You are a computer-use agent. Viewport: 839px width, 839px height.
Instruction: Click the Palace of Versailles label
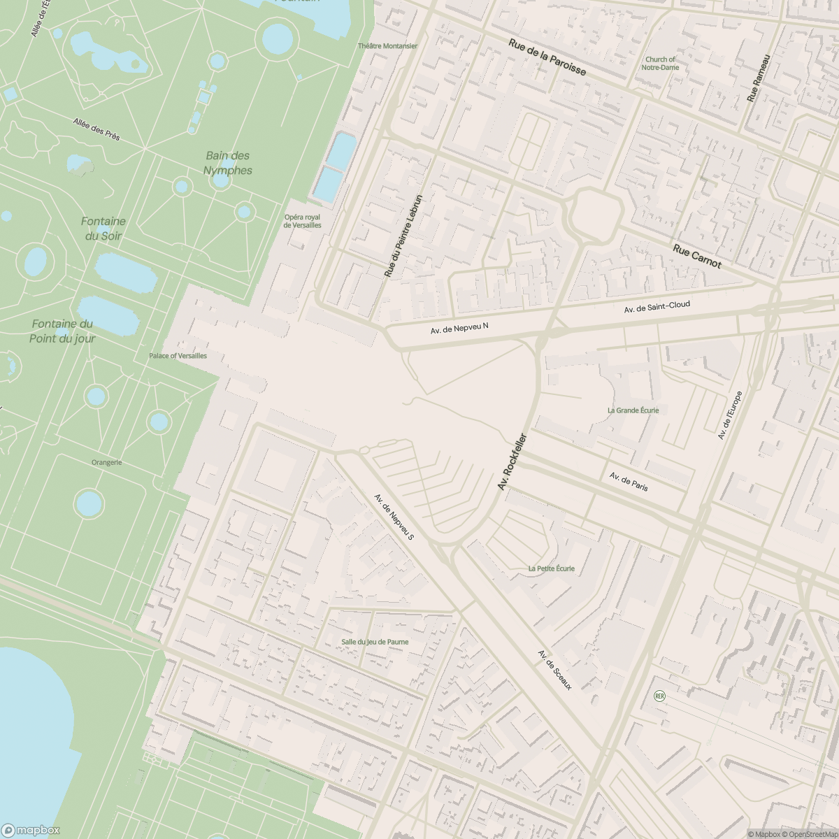(x=178, y=356)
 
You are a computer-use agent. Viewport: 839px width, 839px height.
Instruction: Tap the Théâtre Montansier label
(x=387, y=46)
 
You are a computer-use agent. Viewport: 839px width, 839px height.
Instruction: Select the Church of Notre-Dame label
(x=660, y=64)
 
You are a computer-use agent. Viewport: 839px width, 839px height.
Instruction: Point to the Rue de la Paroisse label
(x=547, y=58)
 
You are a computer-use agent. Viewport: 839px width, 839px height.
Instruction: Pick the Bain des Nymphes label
(x=228, y=163)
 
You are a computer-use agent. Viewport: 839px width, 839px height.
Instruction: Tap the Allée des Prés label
(x=96, y=129)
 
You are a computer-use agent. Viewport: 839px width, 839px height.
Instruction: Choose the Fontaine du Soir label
(x=103, y=229)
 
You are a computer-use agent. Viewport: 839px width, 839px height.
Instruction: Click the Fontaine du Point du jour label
(x=62, y=331)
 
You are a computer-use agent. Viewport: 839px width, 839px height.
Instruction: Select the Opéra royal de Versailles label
(x=302, y=221)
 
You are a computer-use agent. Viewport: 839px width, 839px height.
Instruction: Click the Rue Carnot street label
(x=696, y=256)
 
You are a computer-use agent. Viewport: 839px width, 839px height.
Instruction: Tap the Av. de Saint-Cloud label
(x=657, y=306)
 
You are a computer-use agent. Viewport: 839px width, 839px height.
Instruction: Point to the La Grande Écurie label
(x=633, y=410)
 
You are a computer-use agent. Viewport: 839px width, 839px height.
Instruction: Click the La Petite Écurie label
(x=552, y=568)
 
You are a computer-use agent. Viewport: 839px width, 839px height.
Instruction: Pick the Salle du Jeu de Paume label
(x=375, y=641)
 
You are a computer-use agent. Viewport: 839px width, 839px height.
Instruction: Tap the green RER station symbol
(x=659, y=696)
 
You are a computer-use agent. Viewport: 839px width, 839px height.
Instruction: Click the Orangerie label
(x=106, y=462)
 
